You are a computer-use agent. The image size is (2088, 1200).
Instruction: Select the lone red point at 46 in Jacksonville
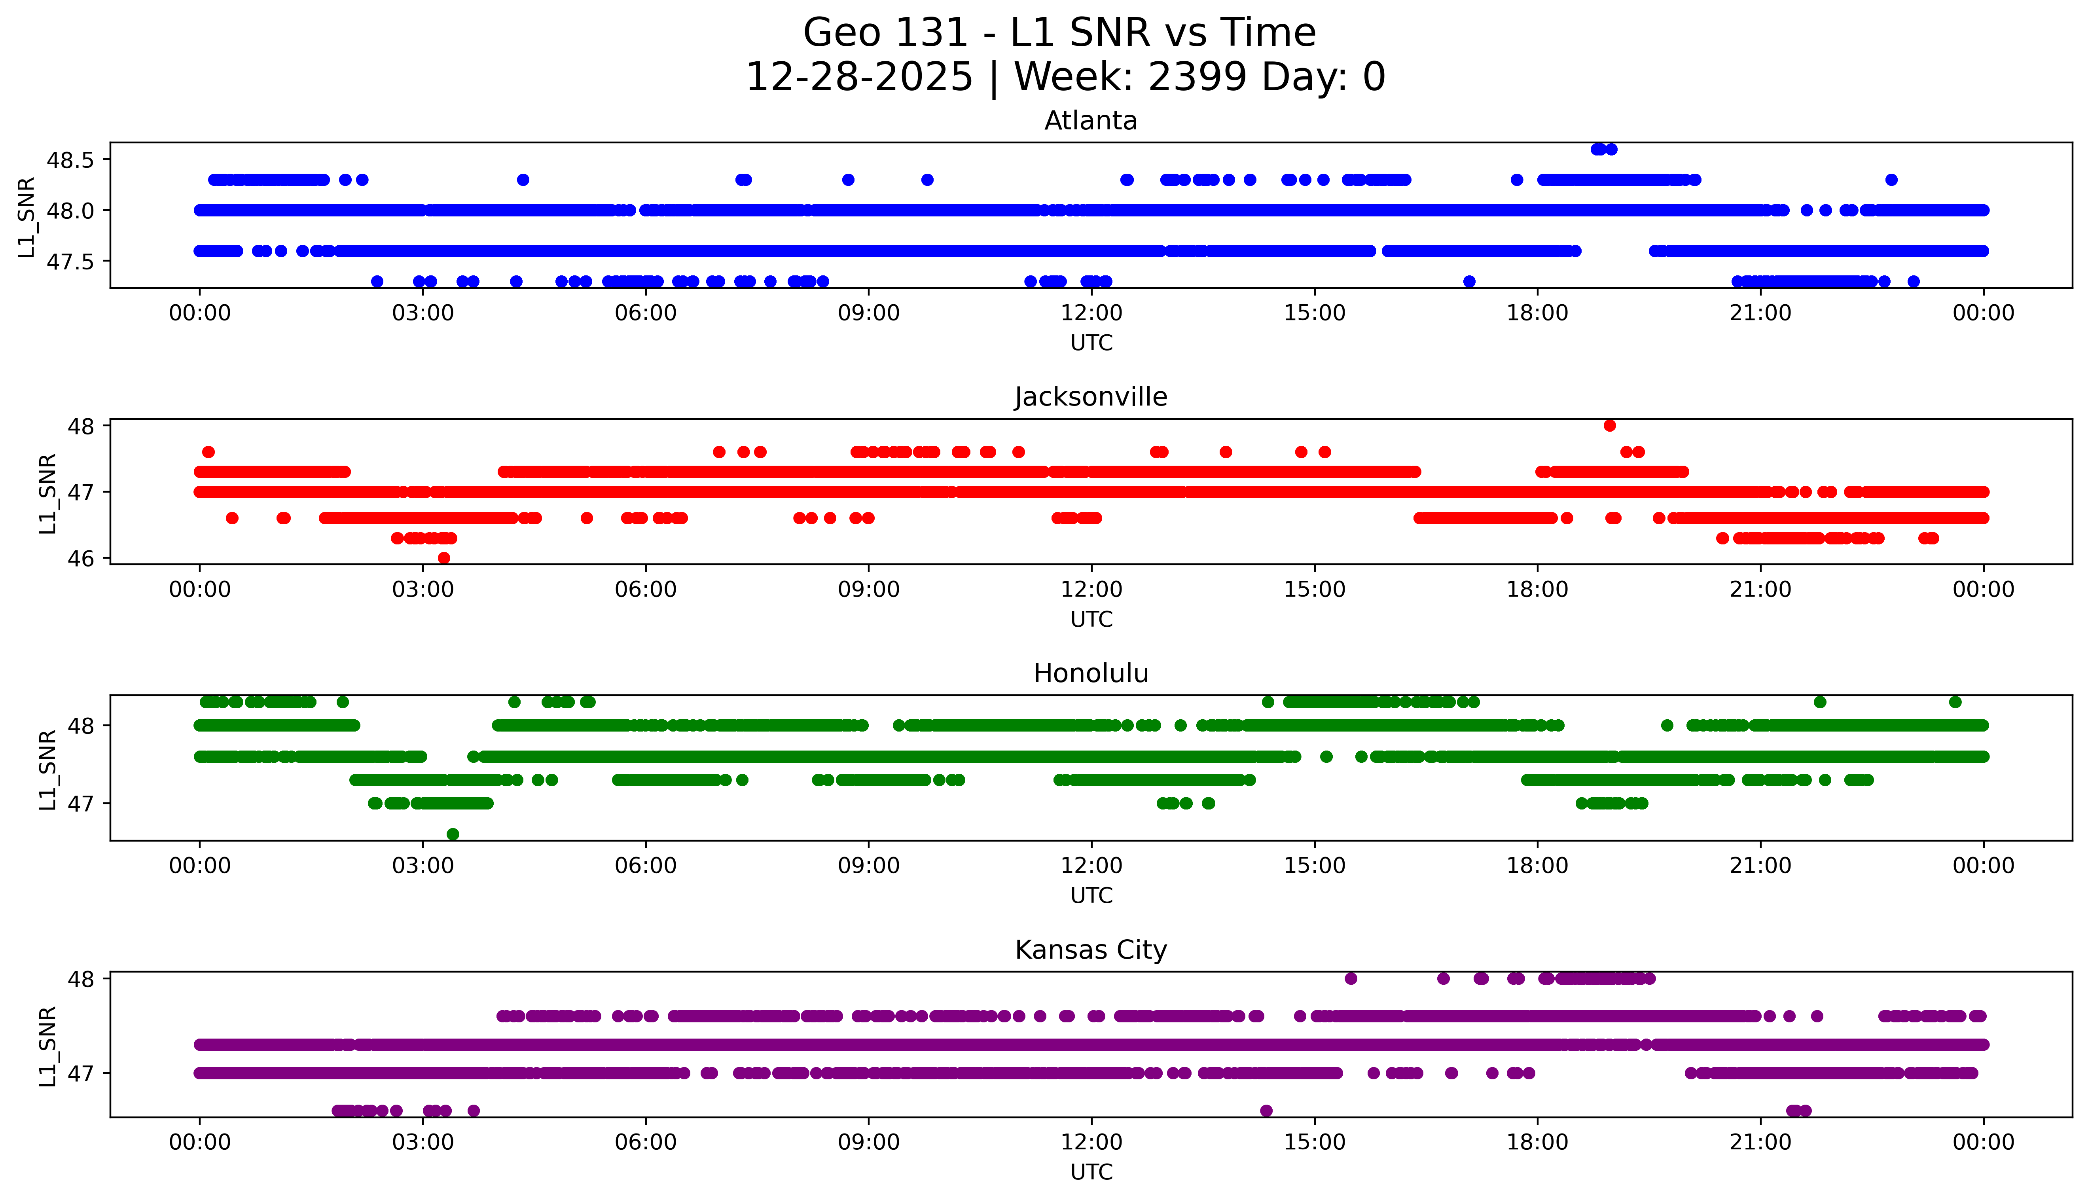pos(444,558)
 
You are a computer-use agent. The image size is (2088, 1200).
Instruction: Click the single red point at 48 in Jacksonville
pos(1609,425)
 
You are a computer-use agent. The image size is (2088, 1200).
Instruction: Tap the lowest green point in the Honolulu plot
pos(452,834)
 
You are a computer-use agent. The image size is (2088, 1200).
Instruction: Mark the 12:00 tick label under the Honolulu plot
pos(1091,866)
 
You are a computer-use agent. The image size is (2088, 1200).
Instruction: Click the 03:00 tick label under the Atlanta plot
pos(423,313)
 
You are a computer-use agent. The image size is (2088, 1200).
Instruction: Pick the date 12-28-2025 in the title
pos(858,78)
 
